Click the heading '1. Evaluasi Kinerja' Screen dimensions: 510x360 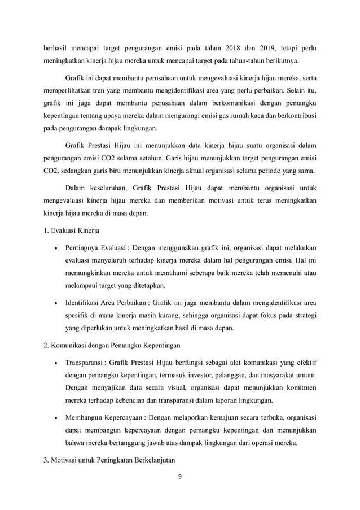[73, 230]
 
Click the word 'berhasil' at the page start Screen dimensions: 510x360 [58, 46]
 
